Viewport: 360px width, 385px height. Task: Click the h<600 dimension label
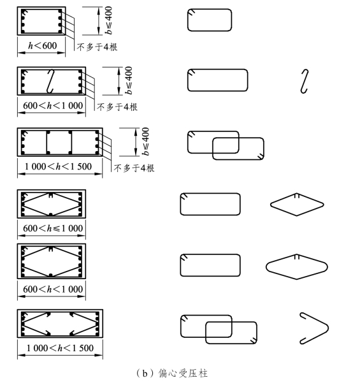(x=42, y=46)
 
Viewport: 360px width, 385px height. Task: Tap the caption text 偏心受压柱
(x=183, y=374)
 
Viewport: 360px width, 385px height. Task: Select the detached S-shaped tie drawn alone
(x=305, y=82)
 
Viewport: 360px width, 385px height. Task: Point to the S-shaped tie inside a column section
(x=50, y=82)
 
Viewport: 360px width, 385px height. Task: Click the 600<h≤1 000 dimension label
(x=53, y=228)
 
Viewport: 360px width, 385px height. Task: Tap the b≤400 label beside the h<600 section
(x=108, y=20)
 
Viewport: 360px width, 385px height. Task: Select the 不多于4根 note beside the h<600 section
(x=97, y=47)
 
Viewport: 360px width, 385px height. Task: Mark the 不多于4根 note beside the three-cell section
(x=134, y=168)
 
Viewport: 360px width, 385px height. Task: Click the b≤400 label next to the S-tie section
(x=128, y=80)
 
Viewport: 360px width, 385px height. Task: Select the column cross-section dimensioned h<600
(x=41, y=21)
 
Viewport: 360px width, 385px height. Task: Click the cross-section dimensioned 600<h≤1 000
(x=51, y=204)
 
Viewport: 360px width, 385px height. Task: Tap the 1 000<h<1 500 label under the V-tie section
(x=60, y=348)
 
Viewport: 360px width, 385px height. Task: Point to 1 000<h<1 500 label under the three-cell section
(x=58, y=166)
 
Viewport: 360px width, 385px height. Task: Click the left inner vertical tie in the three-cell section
(x=47, y=142)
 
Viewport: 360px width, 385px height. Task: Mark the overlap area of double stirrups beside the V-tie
(x=219, y=330)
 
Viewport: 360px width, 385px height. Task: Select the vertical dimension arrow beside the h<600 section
(x=99, y=21)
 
